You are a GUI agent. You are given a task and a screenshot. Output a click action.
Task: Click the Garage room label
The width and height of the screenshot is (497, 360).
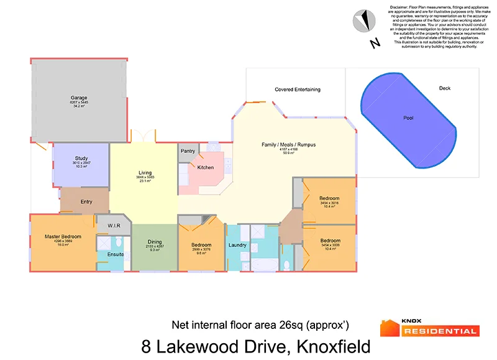pyautogui.click(x=78, y=98)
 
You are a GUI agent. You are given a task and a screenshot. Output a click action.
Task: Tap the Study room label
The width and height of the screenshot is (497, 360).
pyautogui.click(x=81, y=159)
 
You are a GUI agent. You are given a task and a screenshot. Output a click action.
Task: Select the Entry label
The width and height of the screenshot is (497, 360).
pyautogui.click(x=86, y=201)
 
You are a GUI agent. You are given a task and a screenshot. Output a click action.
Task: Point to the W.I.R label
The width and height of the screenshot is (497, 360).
pyautogui.click(x=114, y=225)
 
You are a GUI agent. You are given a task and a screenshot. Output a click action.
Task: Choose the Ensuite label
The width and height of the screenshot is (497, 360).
pyautogui.click(x=116, y=255)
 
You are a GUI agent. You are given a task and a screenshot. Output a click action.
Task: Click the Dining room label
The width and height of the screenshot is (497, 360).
pyautogui.click(x=155, y=242)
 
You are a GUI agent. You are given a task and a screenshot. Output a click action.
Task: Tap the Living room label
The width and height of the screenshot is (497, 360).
pyautogui.click(x=145, y=173)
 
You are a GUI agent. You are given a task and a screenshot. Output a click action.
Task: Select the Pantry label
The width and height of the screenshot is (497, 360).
pyautogui.click(x=188, y=151)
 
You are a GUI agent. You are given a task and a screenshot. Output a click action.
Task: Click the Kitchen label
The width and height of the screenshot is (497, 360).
pyautogui.click(x=206, y=167)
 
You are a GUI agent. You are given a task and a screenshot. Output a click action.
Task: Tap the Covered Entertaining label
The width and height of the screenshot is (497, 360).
pyautogui.click(x=298, y=90)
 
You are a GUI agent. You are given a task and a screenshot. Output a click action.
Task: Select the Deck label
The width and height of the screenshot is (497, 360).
pyautogui.click(x=444, y=88)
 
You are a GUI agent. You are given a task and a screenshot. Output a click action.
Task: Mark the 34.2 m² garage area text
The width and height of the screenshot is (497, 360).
pyautogui.click(x=78, y=106)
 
